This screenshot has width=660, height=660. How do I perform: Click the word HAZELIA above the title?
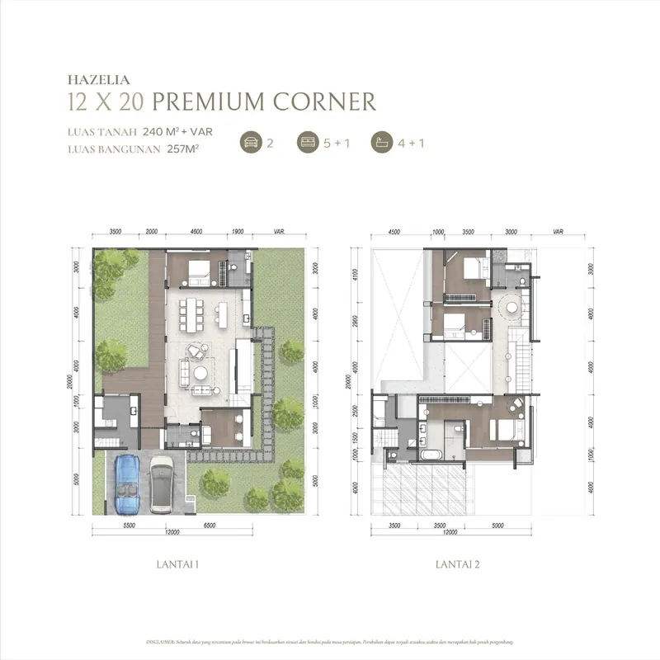(94, 81)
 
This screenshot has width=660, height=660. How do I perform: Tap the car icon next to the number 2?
(250, 142)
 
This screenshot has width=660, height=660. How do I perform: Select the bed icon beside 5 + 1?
(307, 142)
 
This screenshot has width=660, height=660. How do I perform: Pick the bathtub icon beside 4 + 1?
(382, 142)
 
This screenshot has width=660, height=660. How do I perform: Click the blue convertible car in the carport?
(129, 484)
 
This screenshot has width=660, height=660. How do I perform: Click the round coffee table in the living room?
(200, 374)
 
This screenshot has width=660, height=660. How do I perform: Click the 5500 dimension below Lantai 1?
(128, 525)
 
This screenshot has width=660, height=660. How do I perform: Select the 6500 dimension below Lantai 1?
(232, 525)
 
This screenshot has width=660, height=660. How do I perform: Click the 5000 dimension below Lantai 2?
(497, 525)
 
